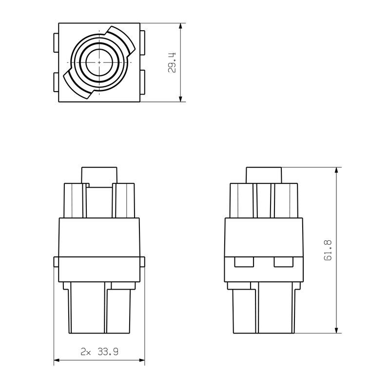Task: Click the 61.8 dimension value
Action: (x=328, y=250)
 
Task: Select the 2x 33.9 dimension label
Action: (x=99, y=351)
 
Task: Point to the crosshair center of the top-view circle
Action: (x=99, y=63)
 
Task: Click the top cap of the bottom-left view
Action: (x=99, y=175)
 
